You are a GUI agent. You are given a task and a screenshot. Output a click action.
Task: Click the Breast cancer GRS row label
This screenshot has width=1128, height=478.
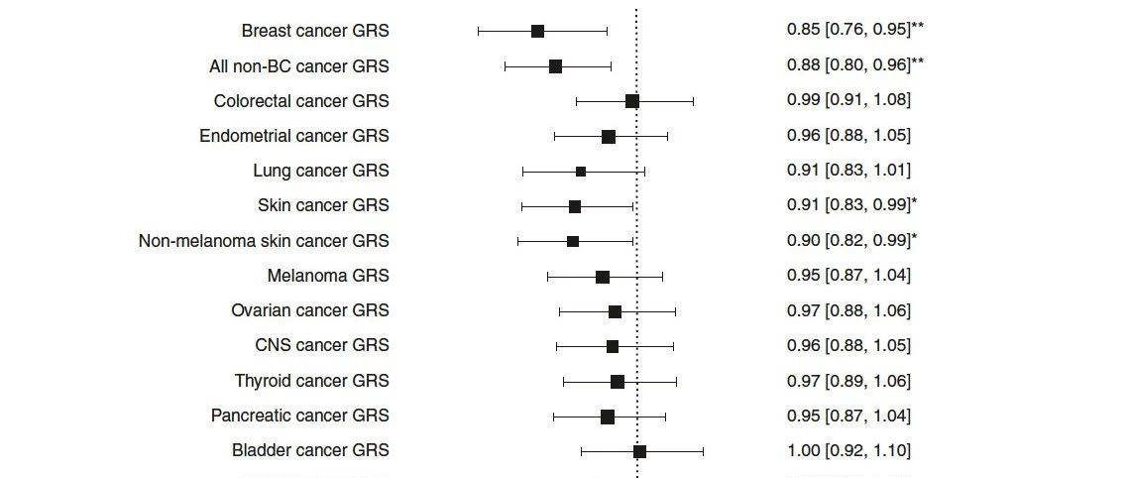pyautogui.click(x=315, y=31)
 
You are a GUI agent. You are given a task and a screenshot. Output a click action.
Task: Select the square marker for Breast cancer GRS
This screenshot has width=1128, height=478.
pyautogui.click(x=537, y=32)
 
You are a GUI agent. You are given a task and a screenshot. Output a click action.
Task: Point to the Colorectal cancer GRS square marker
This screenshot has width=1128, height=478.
pyautogui.click(x=632, y=101)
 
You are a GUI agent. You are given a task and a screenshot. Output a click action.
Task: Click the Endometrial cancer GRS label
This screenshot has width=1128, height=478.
pyautogui.click(x=294, y=136)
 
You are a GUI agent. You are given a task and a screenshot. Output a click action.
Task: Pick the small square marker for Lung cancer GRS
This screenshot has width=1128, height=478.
pyautogui.click(x=581, y=172)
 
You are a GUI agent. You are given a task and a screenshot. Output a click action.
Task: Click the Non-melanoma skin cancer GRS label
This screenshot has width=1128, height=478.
pyautogui.click(x=264, y=241)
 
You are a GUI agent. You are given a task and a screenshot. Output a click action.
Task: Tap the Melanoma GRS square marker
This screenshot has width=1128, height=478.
pyautogui.click(x=603, y=277)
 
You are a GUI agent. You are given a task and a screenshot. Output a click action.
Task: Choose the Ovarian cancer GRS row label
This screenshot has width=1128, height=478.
pyautogui.click(x=310, y=310)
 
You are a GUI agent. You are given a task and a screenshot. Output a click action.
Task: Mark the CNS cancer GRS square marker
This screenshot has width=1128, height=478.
pyautogui.click(x=613, y=346)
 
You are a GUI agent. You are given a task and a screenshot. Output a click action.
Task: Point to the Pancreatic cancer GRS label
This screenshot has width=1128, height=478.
pyautogui.click(x=300, y=416)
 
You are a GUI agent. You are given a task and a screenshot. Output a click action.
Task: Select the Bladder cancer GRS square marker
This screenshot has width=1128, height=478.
pyautogui.click(x=639, y=451)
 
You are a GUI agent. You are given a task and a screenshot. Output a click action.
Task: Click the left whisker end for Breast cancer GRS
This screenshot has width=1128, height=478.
pyautogui.click(x=479, y=32)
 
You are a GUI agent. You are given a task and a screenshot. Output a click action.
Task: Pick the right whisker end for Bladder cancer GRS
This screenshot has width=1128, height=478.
pyautogui.click(x=703, y=451)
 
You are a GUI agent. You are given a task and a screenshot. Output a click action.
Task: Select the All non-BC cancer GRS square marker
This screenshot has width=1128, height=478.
pyautogui.click(x=555, y=66)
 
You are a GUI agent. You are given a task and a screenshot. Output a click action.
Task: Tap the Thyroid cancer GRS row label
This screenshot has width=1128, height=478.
pyautogui.click(x=312, y=381)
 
